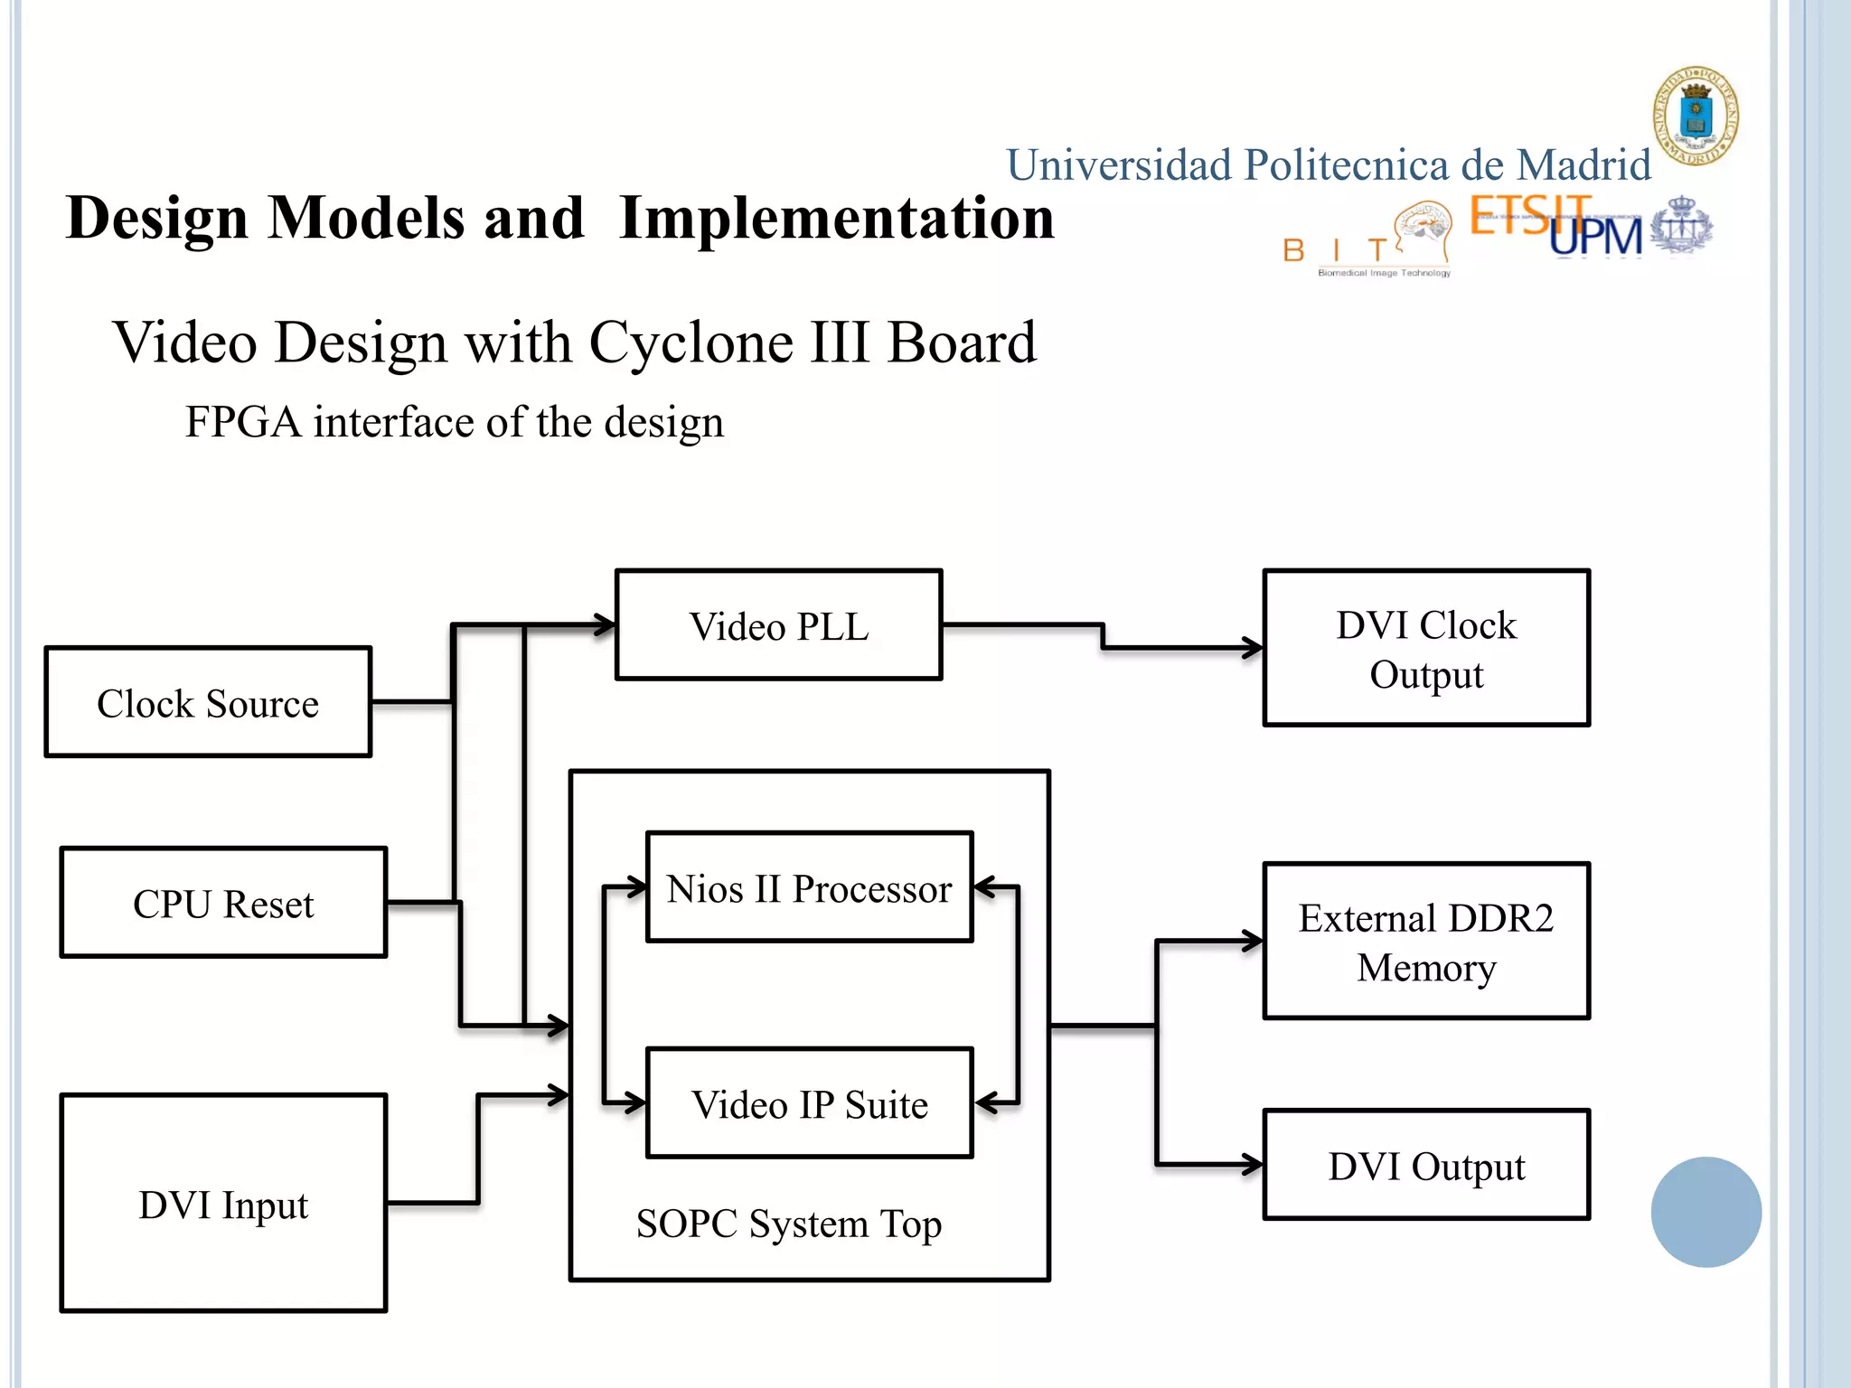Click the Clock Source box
tap(208, 702)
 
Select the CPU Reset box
tap(223, 903)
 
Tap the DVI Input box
tap(223, 1203)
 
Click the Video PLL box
tap(778, 625)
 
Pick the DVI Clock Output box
tap(1426, 648)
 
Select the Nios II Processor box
tap(809, 887)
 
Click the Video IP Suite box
tap(809, 1103)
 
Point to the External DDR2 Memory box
tap(1426, 942)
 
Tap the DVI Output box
tap(1426, 1166)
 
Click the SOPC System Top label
tap(788, 1224)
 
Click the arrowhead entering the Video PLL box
tap(604, 624)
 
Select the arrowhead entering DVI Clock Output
tap(1252, 648)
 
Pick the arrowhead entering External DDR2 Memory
tap(1252, 942)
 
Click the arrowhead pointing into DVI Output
tap(1252, 1166)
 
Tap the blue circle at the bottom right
tap(1705, 1212)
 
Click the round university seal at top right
tap(1696, 116)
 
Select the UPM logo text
tap(1595, 237)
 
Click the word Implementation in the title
tap(836, 219)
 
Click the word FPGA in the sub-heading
tap(242, 422)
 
